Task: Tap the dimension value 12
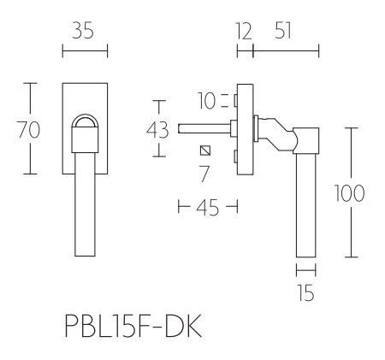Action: pos(244,32)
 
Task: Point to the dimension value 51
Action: pos(286,32)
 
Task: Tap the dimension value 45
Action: pos(206,207)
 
